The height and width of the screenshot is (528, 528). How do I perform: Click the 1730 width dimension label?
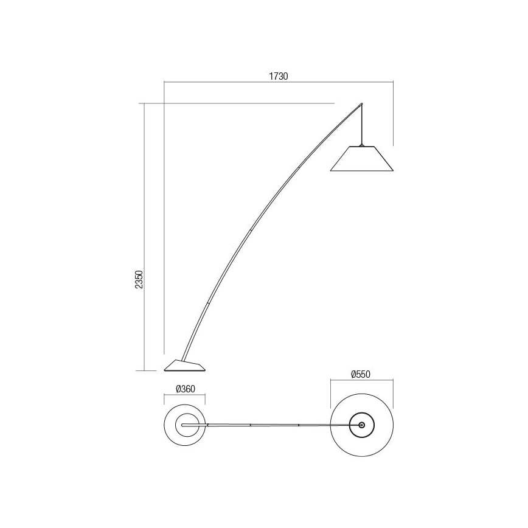[279, 77]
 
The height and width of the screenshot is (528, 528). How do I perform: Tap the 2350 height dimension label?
[139, 280]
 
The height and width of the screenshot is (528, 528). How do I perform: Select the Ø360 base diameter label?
[185, 390]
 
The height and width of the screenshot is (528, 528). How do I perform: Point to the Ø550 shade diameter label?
[361, 375]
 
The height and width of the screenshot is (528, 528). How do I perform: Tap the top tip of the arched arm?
[362, 103]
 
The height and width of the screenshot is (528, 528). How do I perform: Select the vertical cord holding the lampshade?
[363, 125]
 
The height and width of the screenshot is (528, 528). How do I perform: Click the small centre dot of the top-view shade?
[362, 425]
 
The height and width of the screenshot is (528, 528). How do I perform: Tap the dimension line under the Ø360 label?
[185, 396]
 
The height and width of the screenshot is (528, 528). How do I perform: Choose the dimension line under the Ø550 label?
[361, 381]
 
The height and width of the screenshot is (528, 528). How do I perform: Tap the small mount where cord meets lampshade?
[363, 145]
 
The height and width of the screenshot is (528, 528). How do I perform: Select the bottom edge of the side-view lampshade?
[362, 171]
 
